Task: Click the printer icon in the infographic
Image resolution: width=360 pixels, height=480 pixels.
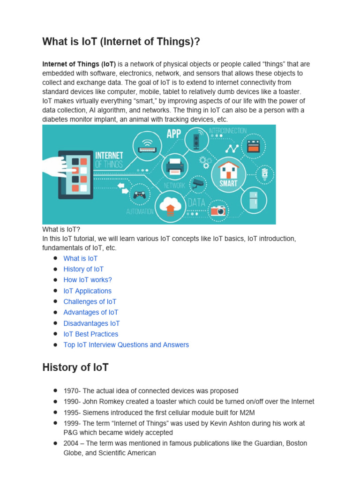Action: pyautogui.click(x=175, y=165)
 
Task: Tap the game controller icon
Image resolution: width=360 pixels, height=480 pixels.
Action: pyautogui.click(x=139, y=195)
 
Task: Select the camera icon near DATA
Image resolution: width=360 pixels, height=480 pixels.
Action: pyautogui.click(x=218, y=210)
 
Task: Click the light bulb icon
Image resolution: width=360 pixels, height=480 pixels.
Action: pyautogui.click(x=265, y=173)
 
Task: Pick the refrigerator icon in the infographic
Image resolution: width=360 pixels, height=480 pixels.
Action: pyautogui.click(x=253, y=199)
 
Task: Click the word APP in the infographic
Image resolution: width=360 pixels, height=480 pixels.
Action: pyautogui.click(x=173, y=134)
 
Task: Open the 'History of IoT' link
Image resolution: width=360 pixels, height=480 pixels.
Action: pyautogui.click(x=83, y=269)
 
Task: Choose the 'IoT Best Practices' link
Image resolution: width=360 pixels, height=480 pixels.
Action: pyautogui.click(x=91, y=334)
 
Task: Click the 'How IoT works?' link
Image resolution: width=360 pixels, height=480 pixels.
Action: pyautogui.click(x=88, y=280)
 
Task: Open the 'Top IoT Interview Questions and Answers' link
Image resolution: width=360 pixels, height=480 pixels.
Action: pyautogui.click(x=126, y=345)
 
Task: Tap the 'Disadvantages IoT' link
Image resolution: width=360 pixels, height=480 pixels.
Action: pyautogui.click(x=91, y=323)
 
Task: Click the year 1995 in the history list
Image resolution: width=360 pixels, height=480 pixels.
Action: pyautogui.click(x=71, y=412)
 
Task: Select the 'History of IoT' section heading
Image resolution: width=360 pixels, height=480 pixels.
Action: pyautogui.click(x=75, y=367)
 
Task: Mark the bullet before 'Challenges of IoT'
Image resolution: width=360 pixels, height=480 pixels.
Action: pyautogui.click(x=55, y=301)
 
